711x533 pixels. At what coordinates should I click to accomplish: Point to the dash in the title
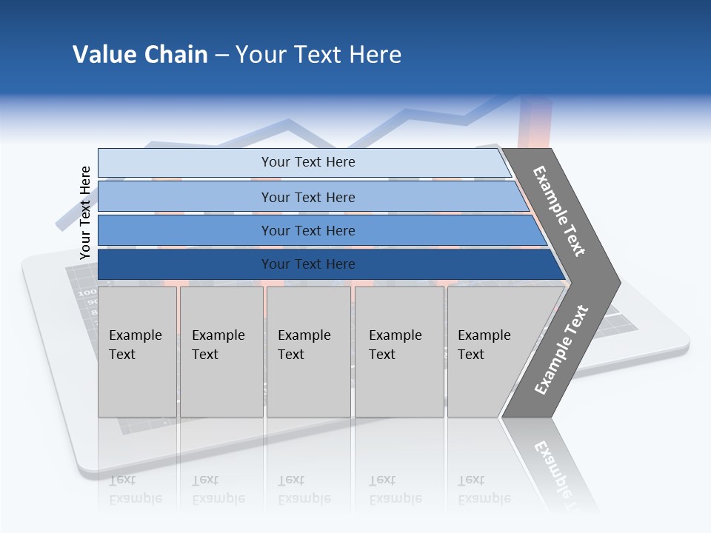pyautogui.click(x=221, y=56)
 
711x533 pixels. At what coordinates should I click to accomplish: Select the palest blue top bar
pyautogui.click(x=307, y=162)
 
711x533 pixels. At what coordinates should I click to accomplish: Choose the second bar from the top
pyautogui.click(x=307, y=197)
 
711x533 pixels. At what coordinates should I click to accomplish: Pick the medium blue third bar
pyautogui.click(x=307, y=230)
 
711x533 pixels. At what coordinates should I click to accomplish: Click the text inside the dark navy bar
pyautogui.click(x=307, y=264)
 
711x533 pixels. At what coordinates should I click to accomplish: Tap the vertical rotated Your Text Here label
pyautogui.click(x=85, y=212)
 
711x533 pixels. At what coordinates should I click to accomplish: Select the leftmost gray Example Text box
pyautogui.click(x=137, y=352)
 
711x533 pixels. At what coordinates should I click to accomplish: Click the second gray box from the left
pyautogui.click(x=221, y=352)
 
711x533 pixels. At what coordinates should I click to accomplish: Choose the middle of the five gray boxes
pyautogui.click(x=308, y=352)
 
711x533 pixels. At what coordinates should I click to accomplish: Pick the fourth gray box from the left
pyautogui.click(x=398, y=352)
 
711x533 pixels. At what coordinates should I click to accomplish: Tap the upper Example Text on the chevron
pyautogui.click(x=559, y=211)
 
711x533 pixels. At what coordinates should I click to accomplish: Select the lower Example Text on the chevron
pyautogui.click(x=561, y=349)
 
